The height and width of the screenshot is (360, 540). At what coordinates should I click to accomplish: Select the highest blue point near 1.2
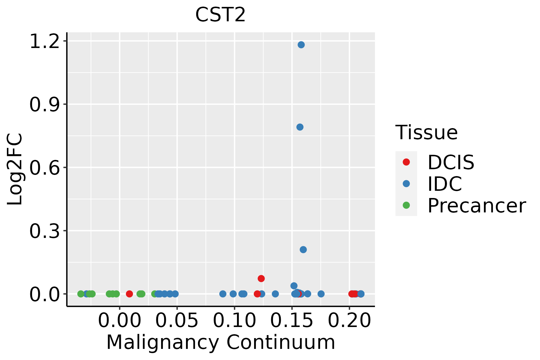click(301, 45)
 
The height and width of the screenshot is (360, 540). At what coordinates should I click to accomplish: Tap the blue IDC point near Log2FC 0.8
click(300, 127)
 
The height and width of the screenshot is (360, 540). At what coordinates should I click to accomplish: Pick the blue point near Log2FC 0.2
click(303, 250)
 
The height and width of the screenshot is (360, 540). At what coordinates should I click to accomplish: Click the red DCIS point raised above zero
click(261, 278)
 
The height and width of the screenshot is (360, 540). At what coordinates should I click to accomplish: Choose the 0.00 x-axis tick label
click(119, 320)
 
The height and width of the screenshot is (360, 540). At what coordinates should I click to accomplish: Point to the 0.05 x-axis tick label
click(177, 320)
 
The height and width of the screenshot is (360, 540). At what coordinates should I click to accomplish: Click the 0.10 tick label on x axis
click(235, 320)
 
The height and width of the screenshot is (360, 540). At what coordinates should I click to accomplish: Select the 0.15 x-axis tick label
click(292, 320)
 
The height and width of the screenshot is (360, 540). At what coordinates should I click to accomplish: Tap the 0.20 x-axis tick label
click(349, 320)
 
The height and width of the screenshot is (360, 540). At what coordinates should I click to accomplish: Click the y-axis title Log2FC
click(15, 169)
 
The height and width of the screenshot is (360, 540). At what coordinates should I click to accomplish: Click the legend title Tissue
click(427, 132)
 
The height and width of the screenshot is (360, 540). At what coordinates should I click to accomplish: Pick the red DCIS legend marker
click(406, 162)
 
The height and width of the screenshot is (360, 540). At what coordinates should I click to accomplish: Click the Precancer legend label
click(477, 205)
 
